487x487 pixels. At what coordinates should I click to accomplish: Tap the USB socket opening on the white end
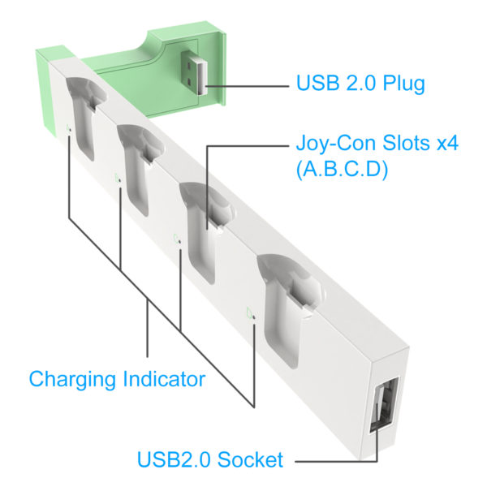[384, 404]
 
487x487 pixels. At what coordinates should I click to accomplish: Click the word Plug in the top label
[403, 84]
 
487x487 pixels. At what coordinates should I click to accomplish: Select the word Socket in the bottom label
[250, 459]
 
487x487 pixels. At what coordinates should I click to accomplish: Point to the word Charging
[73, 380]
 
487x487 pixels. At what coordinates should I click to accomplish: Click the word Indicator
[164, 379]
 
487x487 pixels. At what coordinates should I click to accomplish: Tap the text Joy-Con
[335, 144]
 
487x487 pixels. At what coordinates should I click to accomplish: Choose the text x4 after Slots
[447, 143]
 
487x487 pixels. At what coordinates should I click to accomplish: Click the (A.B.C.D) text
[342, 170]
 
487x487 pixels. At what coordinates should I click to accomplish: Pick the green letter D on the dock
[249, 313]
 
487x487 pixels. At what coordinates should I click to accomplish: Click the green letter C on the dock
[176, 239]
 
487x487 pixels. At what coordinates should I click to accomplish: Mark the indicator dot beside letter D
[254, 317]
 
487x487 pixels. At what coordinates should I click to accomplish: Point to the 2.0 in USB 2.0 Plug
[360, 84]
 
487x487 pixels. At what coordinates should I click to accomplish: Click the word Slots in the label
[406, 143]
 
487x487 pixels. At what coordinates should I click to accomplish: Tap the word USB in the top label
[317, 84]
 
